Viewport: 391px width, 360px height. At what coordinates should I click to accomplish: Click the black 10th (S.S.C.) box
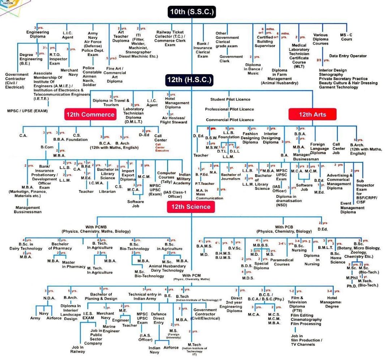point(192,12)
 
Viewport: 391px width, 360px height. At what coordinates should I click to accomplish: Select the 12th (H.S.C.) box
point(189,80)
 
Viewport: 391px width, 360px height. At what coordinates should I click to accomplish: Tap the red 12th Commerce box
point(90,115)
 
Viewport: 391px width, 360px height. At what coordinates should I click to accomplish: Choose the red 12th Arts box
point(312,115)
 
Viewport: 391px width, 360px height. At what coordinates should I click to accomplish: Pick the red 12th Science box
point(191,207)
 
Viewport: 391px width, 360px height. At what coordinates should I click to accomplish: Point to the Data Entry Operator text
point(348,56)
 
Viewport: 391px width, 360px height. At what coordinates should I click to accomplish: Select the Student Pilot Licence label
point(230,99)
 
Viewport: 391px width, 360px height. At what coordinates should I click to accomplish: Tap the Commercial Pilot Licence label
point(230,120)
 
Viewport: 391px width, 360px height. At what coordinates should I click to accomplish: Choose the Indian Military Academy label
point(184,178)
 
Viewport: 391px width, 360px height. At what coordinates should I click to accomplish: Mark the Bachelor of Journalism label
point(231,177)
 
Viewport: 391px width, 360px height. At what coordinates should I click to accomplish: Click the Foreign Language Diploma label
point(319,149)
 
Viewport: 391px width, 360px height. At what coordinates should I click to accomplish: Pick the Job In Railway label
point(78,349)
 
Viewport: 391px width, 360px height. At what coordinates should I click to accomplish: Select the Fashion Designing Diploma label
point(250,138)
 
